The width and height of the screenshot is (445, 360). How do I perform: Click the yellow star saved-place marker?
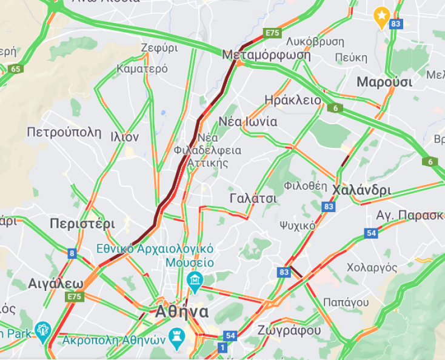(x=381, y=16)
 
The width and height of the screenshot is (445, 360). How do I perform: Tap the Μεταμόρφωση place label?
(x=266, y=55)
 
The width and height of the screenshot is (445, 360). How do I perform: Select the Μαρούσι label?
(x=384, y=82)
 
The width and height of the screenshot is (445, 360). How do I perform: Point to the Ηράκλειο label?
(x=293, y=99)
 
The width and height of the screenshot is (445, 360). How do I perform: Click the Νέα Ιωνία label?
(x=247, y=121)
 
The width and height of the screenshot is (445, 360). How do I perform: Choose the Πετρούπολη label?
(x=64, y=132)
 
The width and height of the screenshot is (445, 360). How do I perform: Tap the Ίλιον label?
(x=124, y=137)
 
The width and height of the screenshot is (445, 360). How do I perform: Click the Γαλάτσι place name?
(x=253, y=198)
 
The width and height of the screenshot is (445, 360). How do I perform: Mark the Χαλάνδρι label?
(x=361, y=190)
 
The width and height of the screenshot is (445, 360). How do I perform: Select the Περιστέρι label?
(x=82, y=222)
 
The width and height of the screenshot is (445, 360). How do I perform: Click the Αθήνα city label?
(x=181, y=312)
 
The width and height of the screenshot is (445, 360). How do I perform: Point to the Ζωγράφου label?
(x=289, y=330)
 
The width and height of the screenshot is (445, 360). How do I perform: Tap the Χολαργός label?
(x=372, y=267)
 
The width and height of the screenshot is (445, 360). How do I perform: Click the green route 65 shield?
(x=15, y=68)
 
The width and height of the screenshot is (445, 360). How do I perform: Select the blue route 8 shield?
(x=72, y=253)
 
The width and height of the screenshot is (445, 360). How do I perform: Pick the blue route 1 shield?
(x=222, y=347)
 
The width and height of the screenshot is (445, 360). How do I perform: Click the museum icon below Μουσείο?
(x=195, y=280)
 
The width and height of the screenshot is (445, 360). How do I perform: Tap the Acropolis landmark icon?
(x=176, y=335)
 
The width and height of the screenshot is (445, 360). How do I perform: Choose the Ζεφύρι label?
(x=159, y=48)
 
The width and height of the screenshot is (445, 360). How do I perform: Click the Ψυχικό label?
(x=297, y=225)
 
